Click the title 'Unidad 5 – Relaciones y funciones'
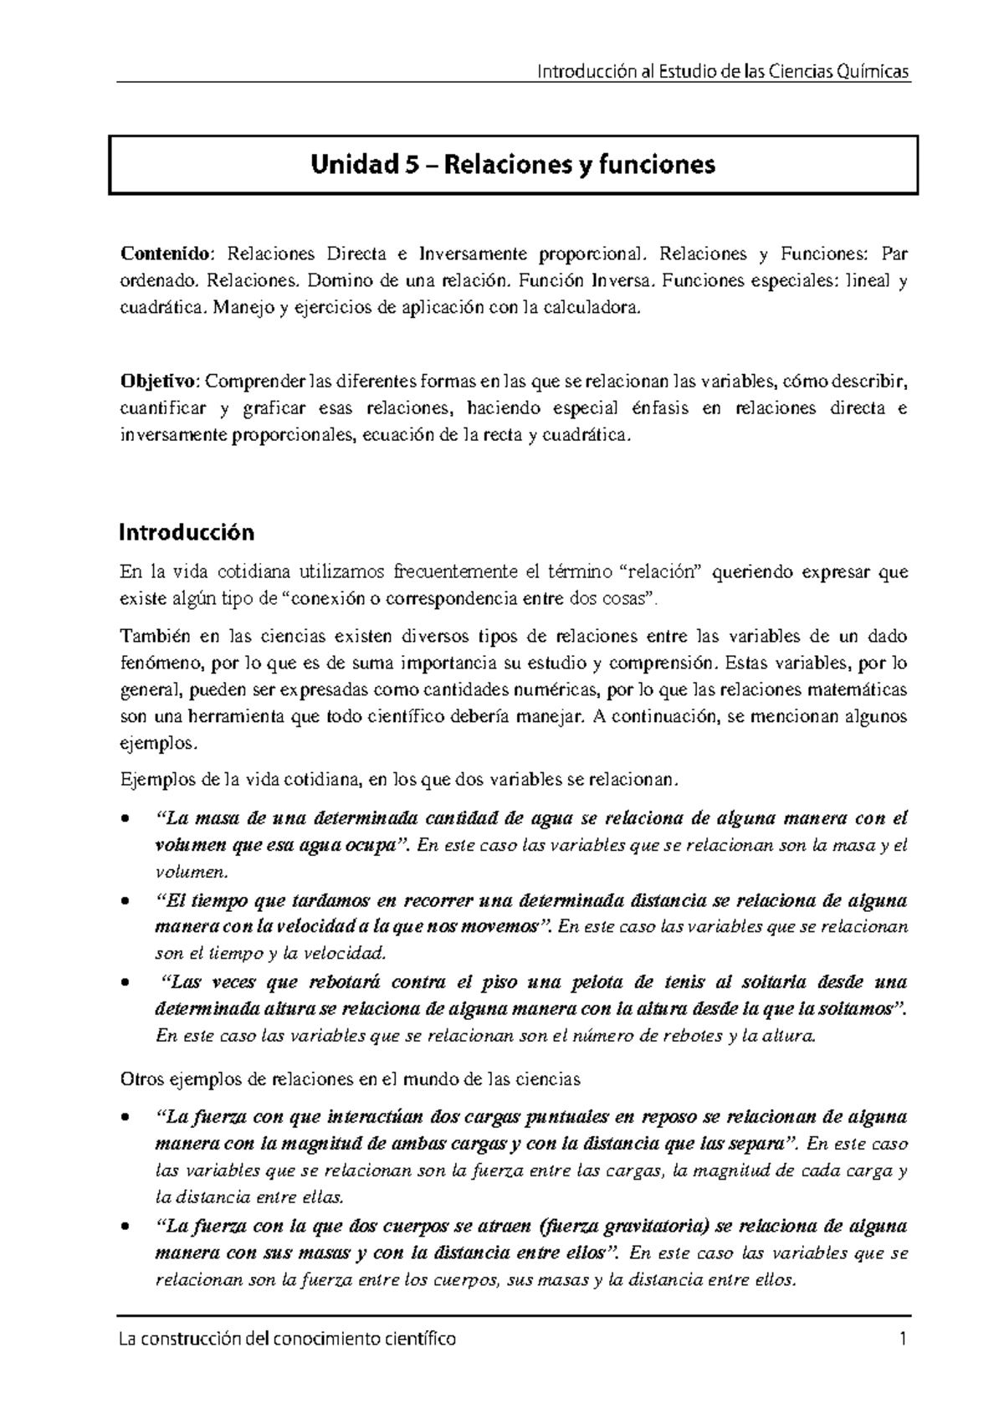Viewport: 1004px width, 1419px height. click(x=513, y=166)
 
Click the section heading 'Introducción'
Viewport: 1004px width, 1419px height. click(x=187, y=532)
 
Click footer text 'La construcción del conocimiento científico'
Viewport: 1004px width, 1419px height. click(x=289, y=1339)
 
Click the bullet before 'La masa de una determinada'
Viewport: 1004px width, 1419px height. click(x=125, y=819)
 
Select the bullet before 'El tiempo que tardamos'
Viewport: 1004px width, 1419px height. click(x=125, y=902)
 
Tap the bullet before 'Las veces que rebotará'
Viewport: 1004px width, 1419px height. click(x=125, y=983)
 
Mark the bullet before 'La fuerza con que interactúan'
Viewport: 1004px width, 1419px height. click(x=125, y=1118)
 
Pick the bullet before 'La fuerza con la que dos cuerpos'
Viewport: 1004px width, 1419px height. click(x=125, y=1227)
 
